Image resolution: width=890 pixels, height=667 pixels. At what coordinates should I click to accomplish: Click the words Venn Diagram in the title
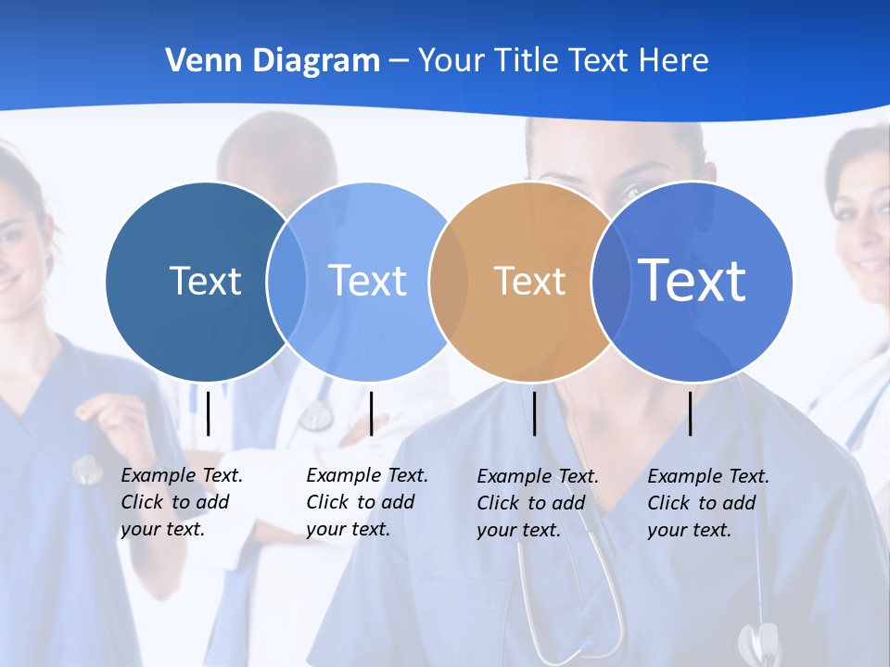(x=273, y=61)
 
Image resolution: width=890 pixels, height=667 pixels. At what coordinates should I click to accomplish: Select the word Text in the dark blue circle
(x=205, y=281)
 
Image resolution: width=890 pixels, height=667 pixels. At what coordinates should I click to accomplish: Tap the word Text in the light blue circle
(x=368, y=281)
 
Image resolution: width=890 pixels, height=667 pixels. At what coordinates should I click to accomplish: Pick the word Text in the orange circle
(x=529, y=281)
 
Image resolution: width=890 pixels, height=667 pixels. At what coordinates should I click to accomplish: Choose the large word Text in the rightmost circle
(x=693, y=280)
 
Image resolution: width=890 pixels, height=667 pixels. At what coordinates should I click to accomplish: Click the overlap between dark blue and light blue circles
(x=286, y=281)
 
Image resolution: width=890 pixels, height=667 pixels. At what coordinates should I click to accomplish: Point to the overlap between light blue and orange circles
(x=450, y=281)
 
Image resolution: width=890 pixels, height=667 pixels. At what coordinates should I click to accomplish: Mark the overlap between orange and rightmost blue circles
(x=612, y=281)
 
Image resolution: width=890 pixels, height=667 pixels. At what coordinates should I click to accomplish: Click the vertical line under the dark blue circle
(x=209, y=413)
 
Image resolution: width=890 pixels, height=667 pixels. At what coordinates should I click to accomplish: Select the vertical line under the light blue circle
(x=371, y=413)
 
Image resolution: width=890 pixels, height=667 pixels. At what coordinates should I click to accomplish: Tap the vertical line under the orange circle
(x=535, y=413)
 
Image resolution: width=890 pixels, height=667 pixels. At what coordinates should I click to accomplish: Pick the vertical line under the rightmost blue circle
(x=691, y=413)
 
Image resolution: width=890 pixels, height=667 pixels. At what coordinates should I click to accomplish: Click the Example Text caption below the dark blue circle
(x=181, y=502)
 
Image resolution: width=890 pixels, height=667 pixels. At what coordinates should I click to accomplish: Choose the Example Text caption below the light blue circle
(x=366, y=502)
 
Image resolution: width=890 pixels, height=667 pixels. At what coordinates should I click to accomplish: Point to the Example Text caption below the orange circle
(x=537, y=503)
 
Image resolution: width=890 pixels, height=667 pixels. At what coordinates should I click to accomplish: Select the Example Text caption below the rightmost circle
(x=707, y=503)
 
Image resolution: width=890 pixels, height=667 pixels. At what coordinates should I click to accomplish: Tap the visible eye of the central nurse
(x=631, y=192)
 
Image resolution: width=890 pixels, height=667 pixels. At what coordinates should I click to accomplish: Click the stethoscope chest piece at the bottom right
(x=758, y=642)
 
